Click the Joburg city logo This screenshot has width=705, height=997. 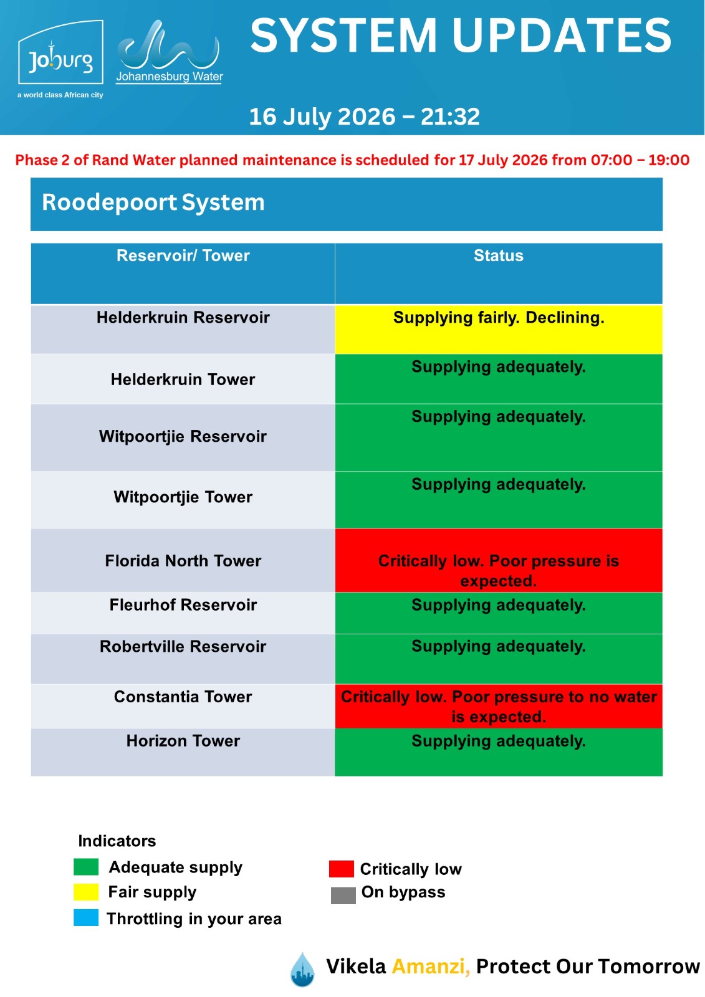(60, 59)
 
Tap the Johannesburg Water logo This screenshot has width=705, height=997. (169, 52)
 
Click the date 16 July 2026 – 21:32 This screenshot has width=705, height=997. (364, 117)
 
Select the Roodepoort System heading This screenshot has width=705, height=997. (153, 202)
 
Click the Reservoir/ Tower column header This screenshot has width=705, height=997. (183, 255)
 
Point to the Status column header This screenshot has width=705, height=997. (498, 255)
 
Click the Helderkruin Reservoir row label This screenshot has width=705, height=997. (183, 317)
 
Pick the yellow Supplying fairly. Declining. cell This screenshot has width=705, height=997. (498, 330)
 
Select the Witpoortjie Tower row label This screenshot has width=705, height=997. (183, 497)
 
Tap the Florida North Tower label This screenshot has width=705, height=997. (183, 561)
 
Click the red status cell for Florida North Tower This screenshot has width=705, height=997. (498, 560)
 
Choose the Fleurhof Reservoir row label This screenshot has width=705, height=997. (183, 605)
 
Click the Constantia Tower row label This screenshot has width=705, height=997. (183, 697)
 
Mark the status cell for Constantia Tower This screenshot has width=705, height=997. (498, 707)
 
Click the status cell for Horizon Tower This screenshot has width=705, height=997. (498, 752)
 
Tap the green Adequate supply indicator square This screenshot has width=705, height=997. (86, 867)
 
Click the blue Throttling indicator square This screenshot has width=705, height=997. (86, 918)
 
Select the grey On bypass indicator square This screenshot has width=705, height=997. (343, 895)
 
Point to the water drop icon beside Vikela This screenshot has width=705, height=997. (302, 969)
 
